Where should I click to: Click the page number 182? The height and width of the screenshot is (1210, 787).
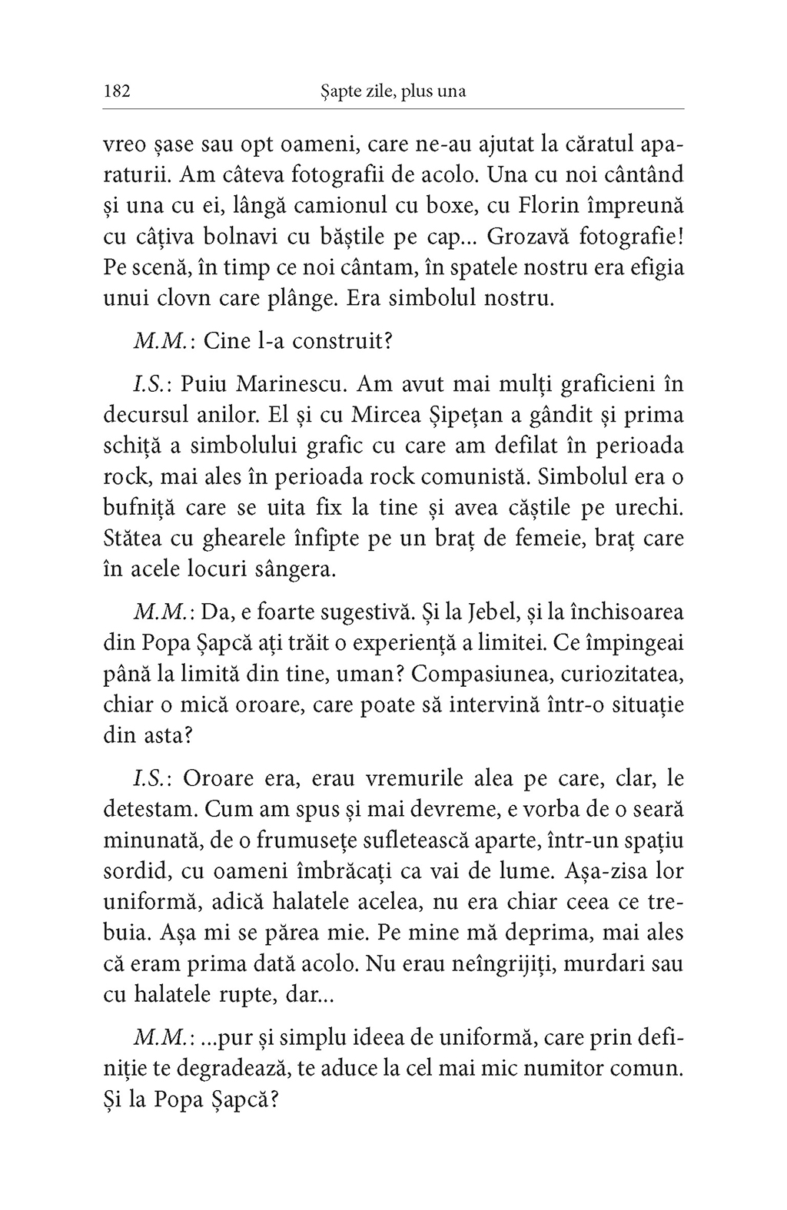(118, 91)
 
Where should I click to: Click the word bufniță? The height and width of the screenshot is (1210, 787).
(138, 508)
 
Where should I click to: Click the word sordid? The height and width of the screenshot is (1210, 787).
(134, 872)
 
